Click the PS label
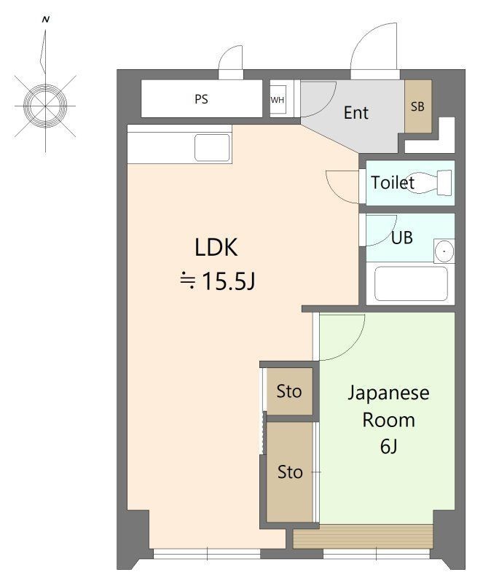point(201,99)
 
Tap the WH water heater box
point(278,99)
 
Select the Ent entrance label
point(356,113)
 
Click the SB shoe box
point(418,106)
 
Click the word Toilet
point(393,183)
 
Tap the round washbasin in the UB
point(444,251)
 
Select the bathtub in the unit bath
point(411,283)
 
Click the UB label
point(402,238)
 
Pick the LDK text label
point(216,247)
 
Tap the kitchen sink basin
point(212,148)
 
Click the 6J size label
point(388,446)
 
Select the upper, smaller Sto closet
point(290,391)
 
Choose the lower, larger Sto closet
point(290,472)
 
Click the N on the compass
point(46,20)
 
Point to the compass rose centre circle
point(45,106)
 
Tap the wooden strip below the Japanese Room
point(363,536)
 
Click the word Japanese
point(388,394)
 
